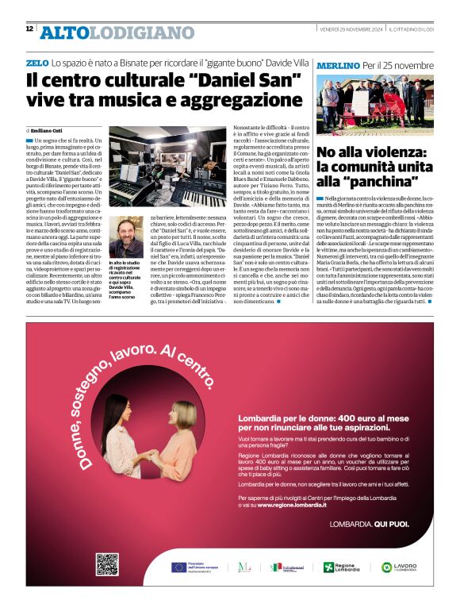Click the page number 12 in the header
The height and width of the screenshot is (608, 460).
pyautogui.click(x=29, y=29)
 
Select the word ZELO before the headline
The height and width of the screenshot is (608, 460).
pyautogui.click(x=36, y=62)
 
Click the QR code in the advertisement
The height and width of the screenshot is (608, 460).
pyautogui.click(x=107, y=564)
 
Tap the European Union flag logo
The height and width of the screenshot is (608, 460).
pyautogui.click(x=179, y=567)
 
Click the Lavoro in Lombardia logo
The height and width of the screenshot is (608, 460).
pyautogui.click(x=398, y=568)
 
